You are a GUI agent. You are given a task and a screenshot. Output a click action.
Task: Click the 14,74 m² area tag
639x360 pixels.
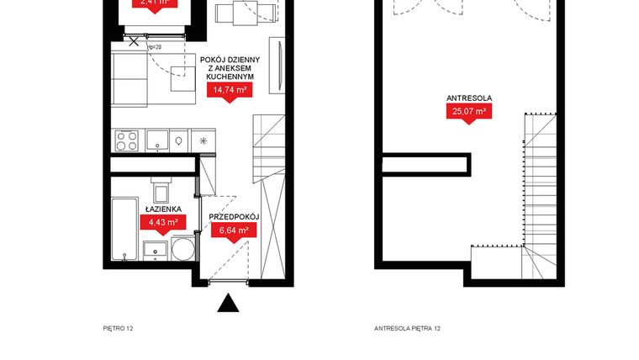229,91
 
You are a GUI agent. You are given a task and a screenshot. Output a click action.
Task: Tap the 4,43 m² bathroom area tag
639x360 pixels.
163,223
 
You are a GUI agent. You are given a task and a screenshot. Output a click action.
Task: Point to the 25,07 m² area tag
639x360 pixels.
469,111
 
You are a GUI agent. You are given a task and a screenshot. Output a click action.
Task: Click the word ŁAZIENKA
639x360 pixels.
163,209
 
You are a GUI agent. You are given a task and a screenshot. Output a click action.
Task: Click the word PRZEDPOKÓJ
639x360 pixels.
233,217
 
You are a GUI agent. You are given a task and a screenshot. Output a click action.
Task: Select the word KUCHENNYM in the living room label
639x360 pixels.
229,77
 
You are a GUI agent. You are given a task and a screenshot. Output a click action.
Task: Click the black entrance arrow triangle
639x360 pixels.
228,304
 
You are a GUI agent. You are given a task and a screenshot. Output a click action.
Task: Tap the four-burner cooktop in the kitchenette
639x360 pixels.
126,140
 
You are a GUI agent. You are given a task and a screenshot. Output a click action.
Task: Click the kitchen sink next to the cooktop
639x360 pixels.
178,140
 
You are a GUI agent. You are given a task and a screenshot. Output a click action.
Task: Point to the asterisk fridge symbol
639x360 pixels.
203,140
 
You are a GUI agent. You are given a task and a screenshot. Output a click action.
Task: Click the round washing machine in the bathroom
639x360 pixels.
182,248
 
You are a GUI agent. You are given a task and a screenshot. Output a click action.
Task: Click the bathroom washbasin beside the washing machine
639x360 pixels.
156,249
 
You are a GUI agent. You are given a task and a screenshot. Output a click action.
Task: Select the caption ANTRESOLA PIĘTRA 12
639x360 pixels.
407,329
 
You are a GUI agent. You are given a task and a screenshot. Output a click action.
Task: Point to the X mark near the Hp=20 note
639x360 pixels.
134,40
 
